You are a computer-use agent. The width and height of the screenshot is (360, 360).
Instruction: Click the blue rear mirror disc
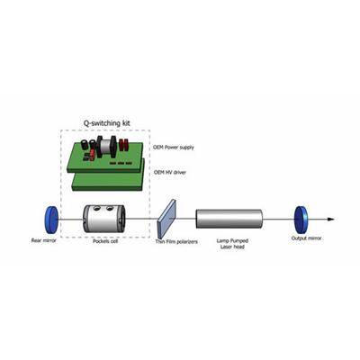tap(50, 220)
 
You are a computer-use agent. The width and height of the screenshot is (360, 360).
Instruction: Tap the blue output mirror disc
tap(301, 220)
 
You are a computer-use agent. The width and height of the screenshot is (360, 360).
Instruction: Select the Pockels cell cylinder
tap(104, 219)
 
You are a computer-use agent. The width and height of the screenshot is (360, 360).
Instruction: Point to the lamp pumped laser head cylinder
tap(229, 219)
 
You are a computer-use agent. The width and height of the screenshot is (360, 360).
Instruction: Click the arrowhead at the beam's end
tap(330, 220)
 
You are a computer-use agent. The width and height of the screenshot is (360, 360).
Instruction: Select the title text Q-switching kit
tap(106, 123)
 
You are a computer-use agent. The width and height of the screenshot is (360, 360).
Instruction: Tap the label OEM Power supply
tap(174, 148)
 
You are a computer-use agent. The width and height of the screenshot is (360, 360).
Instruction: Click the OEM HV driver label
tap(170, 173)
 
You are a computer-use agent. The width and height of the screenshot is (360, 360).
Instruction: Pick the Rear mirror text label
tap(44, 240)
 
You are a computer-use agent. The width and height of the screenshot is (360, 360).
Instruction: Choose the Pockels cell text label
tap(105, 241)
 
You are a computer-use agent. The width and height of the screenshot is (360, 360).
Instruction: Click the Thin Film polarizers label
tap(176, 241)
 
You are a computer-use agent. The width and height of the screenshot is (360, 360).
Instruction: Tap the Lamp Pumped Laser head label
tap(232, 244)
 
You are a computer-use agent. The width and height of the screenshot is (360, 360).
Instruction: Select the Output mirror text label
tap(306, 238)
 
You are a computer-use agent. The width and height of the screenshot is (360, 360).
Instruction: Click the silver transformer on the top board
tap(105, 146)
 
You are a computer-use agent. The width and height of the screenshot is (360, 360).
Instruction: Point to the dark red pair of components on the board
tap(123, 145)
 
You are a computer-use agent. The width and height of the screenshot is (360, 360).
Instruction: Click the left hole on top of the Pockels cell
tap(96, 208)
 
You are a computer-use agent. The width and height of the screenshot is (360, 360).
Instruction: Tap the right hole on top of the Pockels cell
tap(110, 207)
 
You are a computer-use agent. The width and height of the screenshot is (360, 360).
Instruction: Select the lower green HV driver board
tap(109, 179)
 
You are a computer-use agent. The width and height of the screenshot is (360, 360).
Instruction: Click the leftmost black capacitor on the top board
tap(85, 143)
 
